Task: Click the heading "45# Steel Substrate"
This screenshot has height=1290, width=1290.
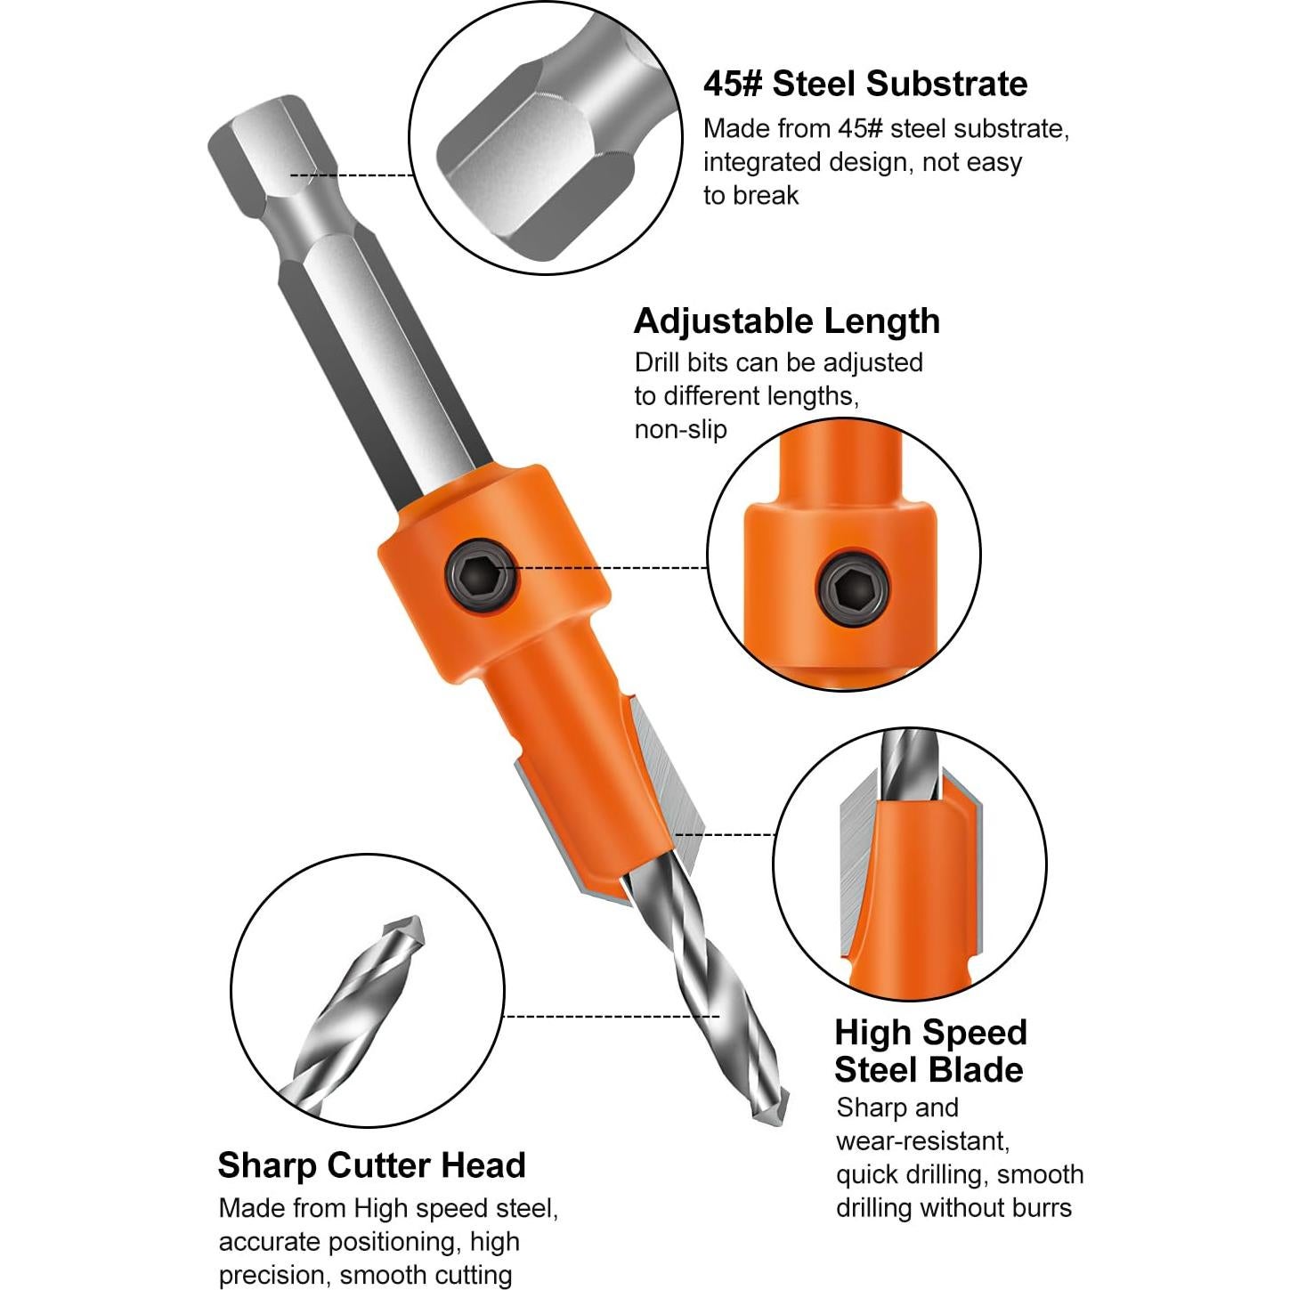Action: point(864,84)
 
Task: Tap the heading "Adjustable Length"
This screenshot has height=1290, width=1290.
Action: point(786,321)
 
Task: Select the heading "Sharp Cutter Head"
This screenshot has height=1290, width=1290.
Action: point(371,1165)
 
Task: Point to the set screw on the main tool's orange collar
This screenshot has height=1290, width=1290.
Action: point(481,579)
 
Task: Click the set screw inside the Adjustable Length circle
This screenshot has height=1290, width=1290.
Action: point(852,587)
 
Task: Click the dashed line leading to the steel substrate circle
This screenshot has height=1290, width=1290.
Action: point(352,175)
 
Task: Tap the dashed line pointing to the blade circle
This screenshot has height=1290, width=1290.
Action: point(725,835)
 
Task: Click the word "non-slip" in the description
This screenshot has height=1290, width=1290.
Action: point(681,430)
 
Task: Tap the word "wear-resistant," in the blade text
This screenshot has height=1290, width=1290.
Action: point(922,1141)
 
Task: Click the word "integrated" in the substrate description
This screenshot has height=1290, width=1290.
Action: point(761,163)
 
